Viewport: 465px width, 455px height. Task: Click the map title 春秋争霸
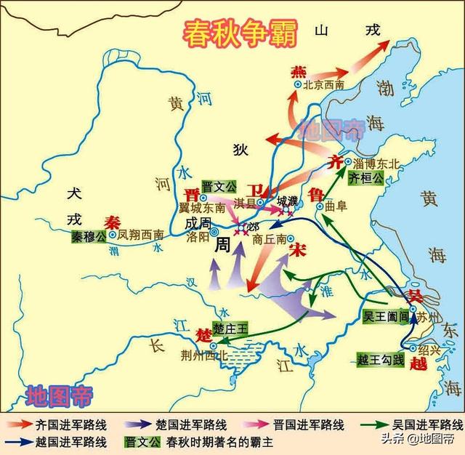(232, 31)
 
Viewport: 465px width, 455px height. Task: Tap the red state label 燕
(299, 72)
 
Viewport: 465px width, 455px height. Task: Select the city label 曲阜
(336, 206)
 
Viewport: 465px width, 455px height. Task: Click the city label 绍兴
(429, 350)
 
